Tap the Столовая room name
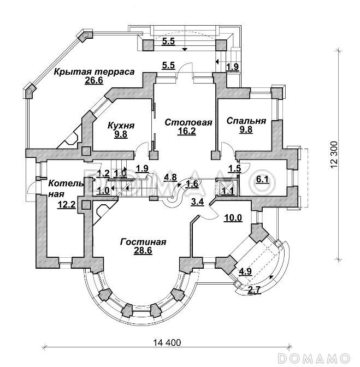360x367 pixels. [x=188, y=122]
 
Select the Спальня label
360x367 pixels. [x=246, y=121]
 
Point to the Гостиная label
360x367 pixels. [x=144, y=242]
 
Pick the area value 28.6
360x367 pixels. [x=144, y=252]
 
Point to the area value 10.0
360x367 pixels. [x=233, y=218]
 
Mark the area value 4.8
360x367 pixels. [x=170, y=176]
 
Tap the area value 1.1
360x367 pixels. [x=228, y=191]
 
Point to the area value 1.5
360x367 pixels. [x=234, y=169]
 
